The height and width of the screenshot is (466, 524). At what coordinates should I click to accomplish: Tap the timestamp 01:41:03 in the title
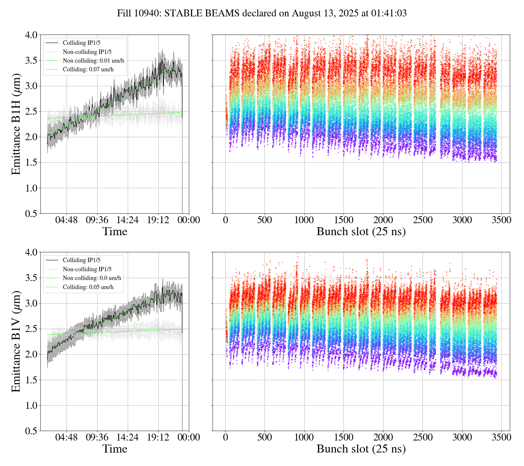(389, 13)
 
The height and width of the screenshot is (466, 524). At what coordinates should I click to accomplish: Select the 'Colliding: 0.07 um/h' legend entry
(88, 70)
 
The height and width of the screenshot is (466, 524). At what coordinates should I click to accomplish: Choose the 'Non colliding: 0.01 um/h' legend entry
(93, 61)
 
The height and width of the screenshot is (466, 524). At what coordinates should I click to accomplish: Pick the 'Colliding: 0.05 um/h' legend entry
(88, 287)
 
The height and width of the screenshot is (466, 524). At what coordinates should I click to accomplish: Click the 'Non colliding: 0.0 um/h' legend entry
(92, 278)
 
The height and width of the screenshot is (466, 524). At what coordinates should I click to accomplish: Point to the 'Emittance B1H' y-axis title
(16, 124)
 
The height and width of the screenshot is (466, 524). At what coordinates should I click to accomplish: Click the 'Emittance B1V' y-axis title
(16, 341)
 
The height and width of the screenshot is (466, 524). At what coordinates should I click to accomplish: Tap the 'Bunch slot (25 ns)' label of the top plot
(361, 232)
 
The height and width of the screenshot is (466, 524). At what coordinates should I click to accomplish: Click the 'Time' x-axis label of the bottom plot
(115, 449)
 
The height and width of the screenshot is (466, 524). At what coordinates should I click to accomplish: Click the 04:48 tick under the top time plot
(66, 220)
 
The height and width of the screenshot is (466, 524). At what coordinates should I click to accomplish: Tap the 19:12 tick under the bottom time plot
(158, 437)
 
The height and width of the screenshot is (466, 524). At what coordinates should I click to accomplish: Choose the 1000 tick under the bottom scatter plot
(304, 437)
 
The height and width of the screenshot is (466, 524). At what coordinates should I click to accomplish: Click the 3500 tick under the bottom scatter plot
(501, 437)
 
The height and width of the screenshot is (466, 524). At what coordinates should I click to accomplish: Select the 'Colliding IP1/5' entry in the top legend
(82, 43)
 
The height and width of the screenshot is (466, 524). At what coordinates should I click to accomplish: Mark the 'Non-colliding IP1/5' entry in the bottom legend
(87, 269)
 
